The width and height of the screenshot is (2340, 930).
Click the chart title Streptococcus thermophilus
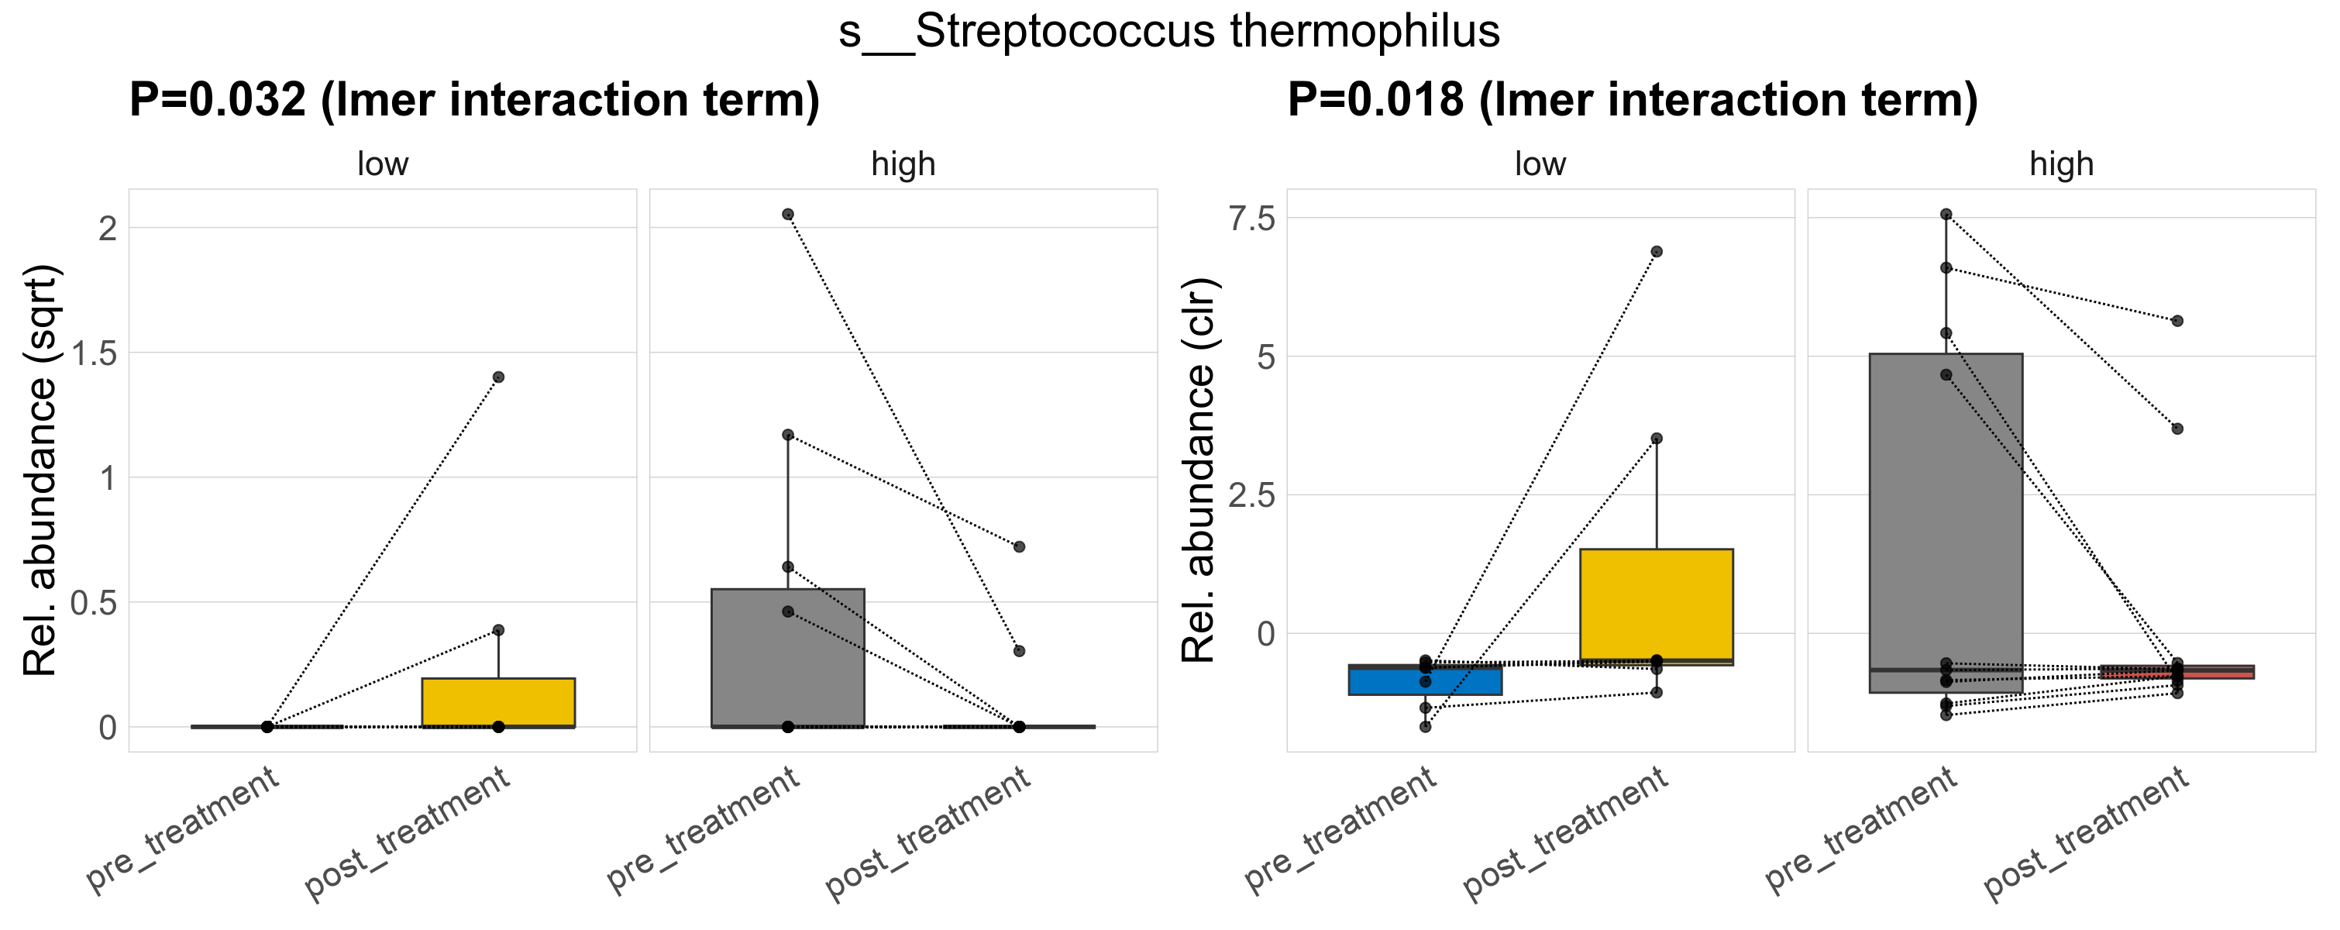click(1169, 33)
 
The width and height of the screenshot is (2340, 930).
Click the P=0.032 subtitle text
click(474, 100)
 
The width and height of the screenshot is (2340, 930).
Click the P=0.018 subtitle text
click(1633, 100)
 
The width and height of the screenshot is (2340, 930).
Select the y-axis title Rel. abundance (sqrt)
click(41, 470)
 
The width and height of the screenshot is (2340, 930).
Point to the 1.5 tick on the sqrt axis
click(95, 353)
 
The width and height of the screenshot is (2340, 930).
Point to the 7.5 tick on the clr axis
click(1252, 219)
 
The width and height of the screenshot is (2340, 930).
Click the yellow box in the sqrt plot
click(499, 702)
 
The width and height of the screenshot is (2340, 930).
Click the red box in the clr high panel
click(2177, 672)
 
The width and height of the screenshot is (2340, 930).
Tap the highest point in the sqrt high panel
click(787, 215)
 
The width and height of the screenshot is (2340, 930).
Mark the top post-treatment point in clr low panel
click(1656, 252)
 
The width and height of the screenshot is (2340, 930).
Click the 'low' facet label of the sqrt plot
click(383, 164)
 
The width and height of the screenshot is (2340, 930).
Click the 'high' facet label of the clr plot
click(2061, 164)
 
